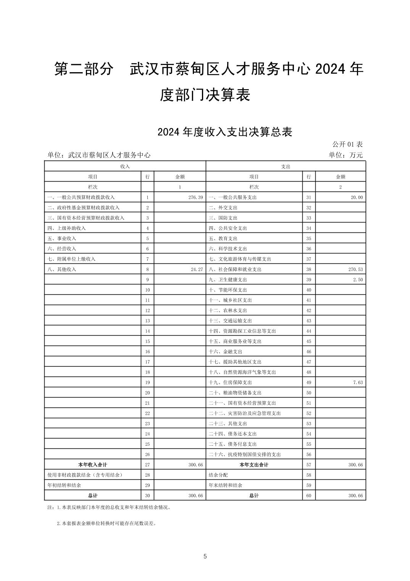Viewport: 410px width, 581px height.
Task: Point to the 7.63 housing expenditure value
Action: [x=358, y=383]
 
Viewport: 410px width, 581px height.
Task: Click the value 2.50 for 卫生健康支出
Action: [x=358, y=280]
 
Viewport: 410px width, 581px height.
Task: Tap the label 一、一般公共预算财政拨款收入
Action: [x=81, y=198]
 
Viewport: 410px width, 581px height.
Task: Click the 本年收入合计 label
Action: [x=92, y=465]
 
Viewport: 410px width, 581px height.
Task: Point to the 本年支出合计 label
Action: [x=254, y=465]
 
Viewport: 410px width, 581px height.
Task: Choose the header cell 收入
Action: [x=125, y=167]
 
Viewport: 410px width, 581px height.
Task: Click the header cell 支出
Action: [x=286, y=167]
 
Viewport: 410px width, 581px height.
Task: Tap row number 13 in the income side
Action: [x=147, y=321]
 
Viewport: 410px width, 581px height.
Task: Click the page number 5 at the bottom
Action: [x=205, y=557]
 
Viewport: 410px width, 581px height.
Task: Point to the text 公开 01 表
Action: [x=347, y=144]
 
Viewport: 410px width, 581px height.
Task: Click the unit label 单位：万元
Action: [x=345, y=155]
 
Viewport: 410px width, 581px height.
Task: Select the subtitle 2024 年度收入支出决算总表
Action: [x=224, y=132]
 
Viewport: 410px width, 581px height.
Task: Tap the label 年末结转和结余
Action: [x=225, y=485]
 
